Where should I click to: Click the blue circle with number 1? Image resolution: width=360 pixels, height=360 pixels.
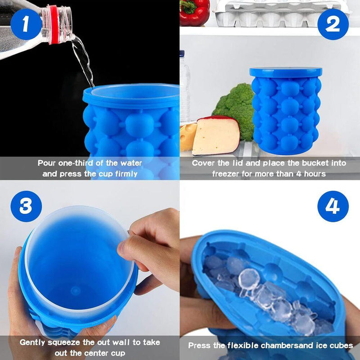25,23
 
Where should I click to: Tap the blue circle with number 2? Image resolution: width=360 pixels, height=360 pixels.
333,24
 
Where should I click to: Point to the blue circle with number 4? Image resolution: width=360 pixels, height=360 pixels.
333,207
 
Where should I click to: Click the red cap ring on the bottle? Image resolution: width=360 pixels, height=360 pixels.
54,25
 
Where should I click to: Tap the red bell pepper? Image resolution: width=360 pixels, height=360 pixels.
194,13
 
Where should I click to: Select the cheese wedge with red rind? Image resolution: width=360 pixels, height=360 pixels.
215,135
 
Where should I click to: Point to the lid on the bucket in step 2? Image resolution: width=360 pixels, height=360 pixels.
286,72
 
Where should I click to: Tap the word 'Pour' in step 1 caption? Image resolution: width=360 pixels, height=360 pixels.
47,163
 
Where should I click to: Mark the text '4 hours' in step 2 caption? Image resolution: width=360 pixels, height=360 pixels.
310,174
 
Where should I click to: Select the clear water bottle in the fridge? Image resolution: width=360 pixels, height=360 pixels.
185,90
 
